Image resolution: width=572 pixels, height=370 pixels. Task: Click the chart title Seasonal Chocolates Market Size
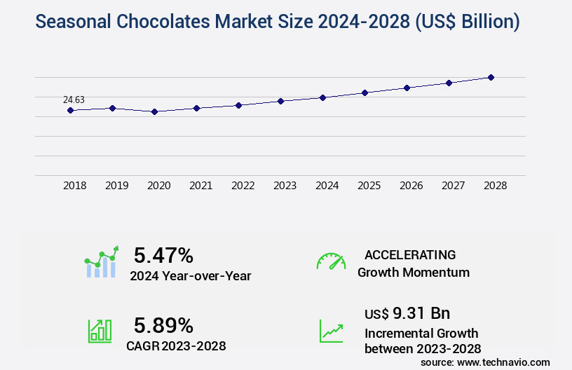click(277, 22)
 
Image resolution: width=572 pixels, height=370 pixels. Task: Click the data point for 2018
click(70, 110)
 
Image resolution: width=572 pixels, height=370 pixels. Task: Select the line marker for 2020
click(154, 111)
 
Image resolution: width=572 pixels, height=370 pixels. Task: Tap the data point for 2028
click(491, 77)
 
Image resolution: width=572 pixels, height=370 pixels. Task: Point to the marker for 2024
click(322, 97)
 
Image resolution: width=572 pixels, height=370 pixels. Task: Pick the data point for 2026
click(407, 88)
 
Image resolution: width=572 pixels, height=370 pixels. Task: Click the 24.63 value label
click(74, 100)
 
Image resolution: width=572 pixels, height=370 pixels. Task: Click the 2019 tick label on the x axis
click(116, 186)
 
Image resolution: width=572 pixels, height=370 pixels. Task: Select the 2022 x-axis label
click(243, 186)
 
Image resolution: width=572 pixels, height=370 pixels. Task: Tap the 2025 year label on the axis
click(369, 186)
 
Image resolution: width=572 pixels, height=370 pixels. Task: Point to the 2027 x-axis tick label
click(453, 186)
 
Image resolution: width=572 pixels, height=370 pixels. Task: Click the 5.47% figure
click(163, 255)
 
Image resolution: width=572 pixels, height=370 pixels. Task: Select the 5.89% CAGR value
click(163, 325)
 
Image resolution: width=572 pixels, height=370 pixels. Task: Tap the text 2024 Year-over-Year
click(190, 276)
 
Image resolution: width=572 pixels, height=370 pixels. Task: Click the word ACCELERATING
click(410, 254)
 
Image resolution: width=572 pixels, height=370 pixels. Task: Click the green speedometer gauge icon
click(331, 261)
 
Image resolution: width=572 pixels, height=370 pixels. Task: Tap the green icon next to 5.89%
click(100, 331)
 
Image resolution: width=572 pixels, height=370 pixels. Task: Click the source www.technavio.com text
click(485, 362)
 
